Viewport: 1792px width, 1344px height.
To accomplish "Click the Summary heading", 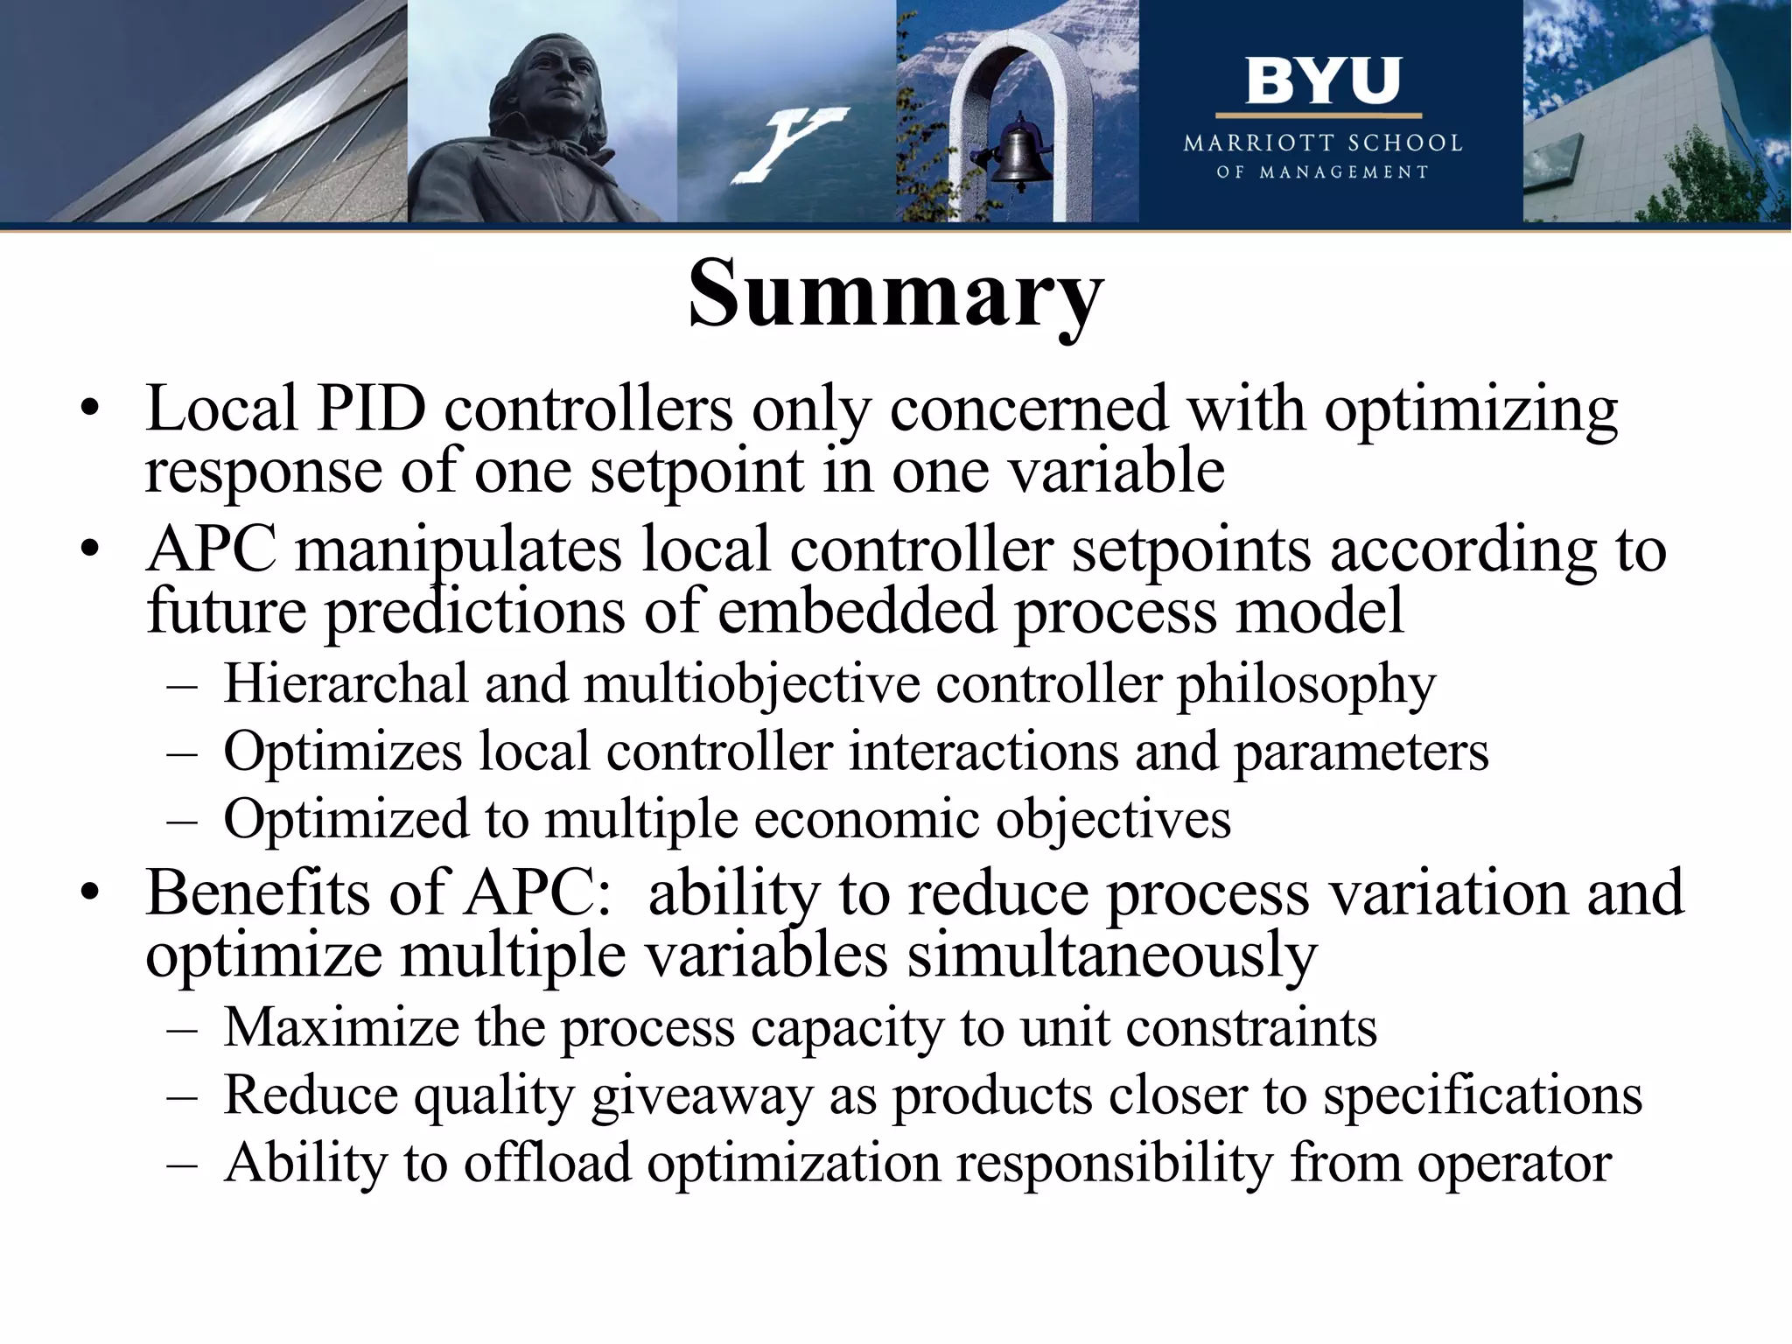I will (895, 293).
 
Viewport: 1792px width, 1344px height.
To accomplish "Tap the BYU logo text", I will (1322, 81).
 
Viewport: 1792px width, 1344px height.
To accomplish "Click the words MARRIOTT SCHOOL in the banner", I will (1322, 143).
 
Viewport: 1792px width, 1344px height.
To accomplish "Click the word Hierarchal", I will (346, 683).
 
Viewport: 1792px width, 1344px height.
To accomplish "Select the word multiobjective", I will (752, 683).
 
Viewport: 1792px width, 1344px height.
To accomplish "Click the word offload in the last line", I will (547, 1164).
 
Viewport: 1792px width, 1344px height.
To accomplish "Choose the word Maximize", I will (341, 1027).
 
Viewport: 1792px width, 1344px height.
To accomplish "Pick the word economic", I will (866, 820).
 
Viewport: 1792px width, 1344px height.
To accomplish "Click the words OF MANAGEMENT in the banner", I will (1322, 172).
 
